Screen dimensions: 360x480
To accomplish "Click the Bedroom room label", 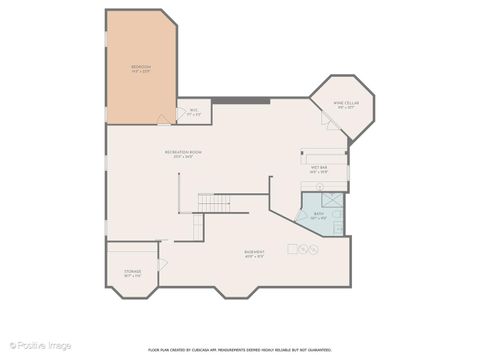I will (x=140, y=69).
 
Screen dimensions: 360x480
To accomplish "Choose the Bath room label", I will (x=319, y=215).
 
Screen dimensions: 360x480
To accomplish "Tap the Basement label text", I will (x=254, y=253).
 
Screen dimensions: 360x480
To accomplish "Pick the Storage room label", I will (x=132, y=273).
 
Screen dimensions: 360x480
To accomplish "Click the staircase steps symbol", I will (x=213, y=202).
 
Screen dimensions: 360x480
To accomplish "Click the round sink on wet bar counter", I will (x=319, y=186).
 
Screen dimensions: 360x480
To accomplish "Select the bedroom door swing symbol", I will (x=164, y=119).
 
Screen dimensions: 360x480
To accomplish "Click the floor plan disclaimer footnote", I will (x=240, y=350).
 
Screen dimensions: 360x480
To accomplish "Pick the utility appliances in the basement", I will (x=302, y=248).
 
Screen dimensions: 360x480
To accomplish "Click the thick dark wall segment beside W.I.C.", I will (x=240, y=99).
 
